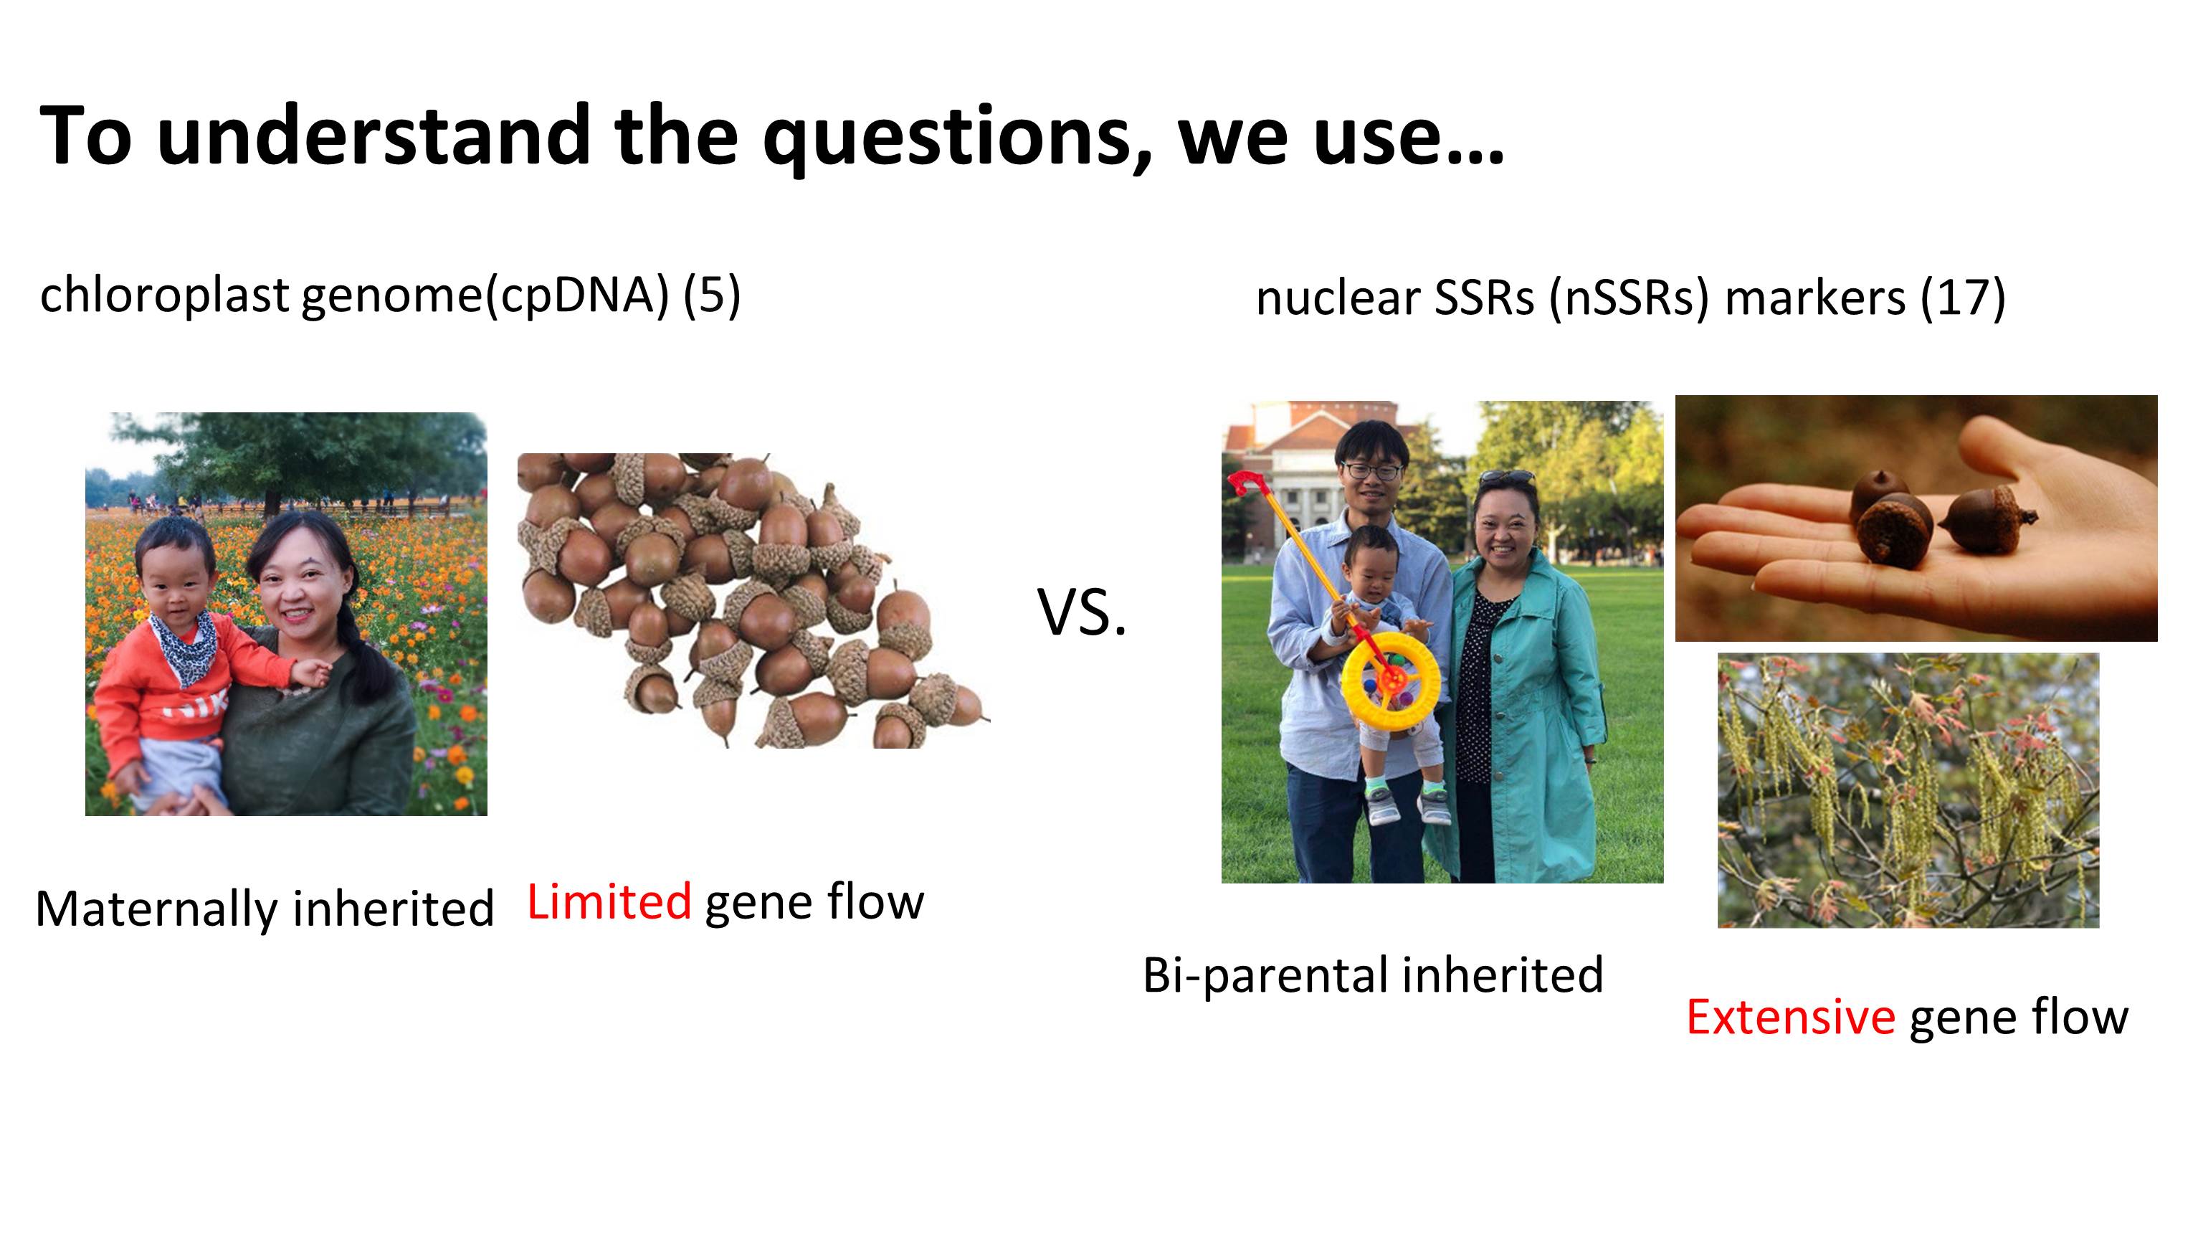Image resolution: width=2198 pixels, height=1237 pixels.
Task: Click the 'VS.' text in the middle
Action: [1082, 613]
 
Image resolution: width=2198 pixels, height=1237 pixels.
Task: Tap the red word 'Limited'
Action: [609, 901]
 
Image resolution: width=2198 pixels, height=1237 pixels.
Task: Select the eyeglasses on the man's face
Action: [1370, 470]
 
